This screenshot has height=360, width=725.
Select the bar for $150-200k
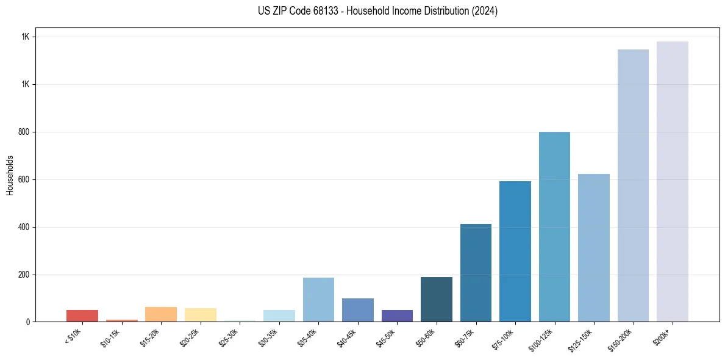coord(633,185)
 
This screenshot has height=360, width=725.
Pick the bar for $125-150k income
coord(593,248)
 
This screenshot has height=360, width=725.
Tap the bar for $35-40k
coord(318,300)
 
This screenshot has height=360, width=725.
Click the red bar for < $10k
coord(82,315)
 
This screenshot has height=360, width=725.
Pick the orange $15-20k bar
coord(161,314)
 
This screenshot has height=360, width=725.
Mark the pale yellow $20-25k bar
coord(200,315)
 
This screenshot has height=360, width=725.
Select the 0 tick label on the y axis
coord(28,322)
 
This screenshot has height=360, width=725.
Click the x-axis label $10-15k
coord(110,337)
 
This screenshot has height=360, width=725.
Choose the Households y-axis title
coord(10,175)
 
